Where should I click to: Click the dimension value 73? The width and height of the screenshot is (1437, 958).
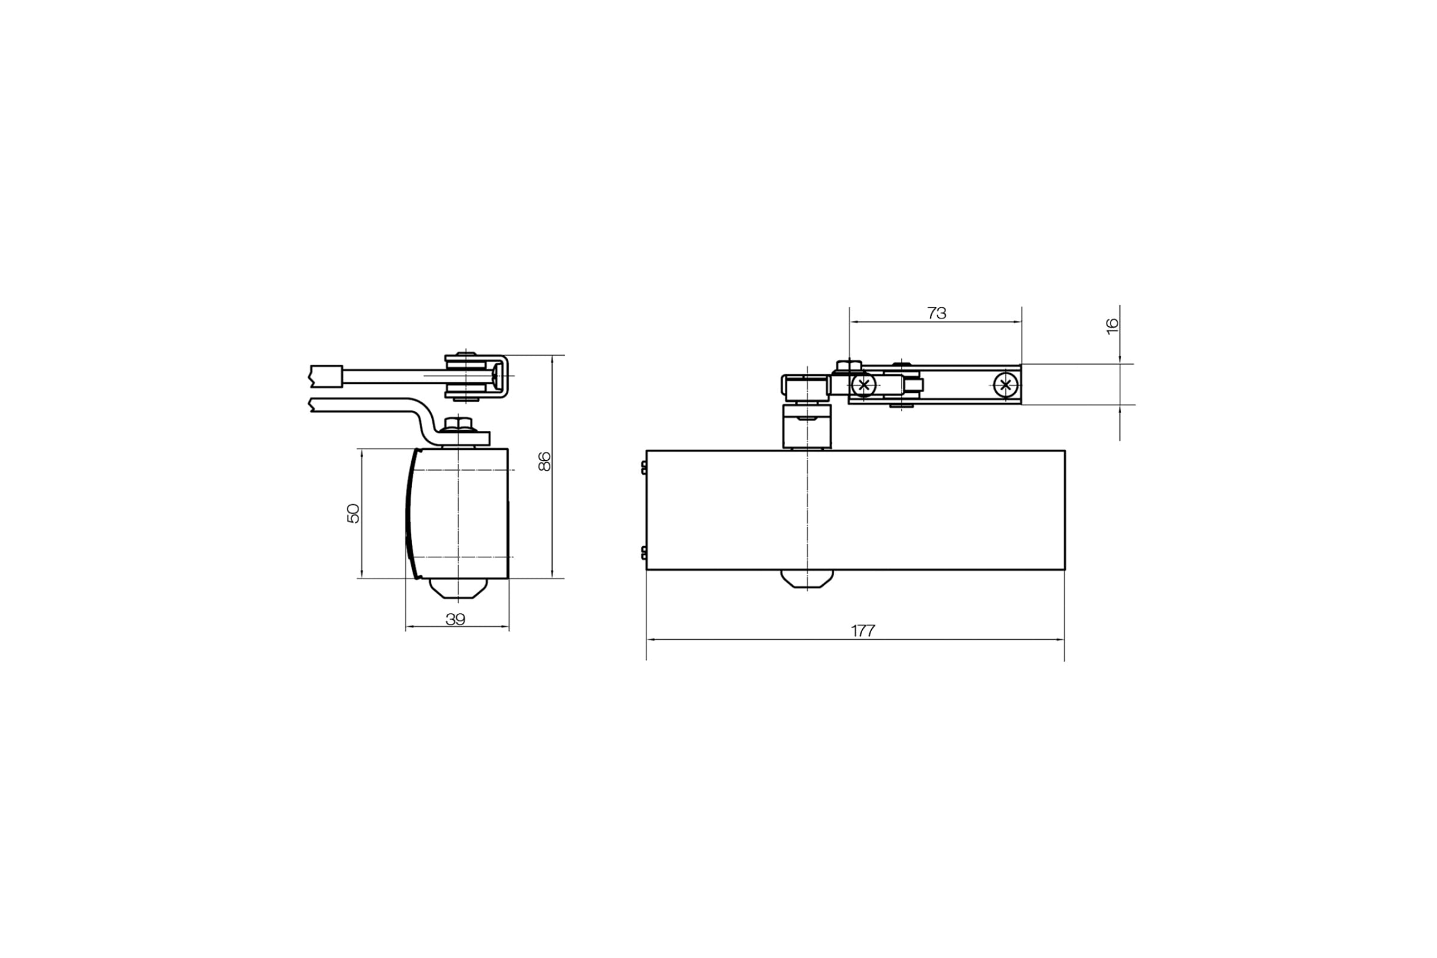(x=936, y=313)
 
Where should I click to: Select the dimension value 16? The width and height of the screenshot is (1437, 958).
(x=1112, y=326)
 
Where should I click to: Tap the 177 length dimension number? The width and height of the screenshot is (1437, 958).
(x=863, y=631)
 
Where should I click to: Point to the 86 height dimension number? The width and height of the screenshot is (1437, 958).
(x=544, y=461)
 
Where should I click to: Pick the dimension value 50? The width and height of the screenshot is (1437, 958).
(x=353, y=513)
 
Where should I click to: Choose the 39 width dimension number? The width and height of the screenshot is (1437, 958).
(x=455, y=620)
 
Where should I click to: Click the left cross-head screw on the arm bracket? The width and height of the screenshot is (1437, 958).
(x=863, y=385)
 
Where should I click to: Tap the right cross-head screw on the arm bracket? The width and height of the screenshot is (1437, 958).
(x=1006, y=385)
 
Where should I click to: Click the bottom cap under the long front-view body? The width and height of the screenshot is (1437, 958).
(x=807, y=578)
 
